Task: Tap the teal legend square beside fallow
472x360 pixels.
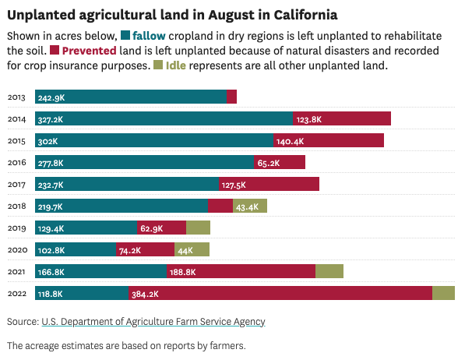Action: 125,36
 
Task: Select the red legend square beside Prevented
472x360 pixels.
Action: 55,51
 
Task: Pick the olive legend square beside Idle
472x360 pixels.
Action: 159,65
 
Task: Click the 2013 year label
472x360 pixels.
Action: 17,97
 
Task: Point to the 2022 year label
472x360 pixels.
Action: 17,294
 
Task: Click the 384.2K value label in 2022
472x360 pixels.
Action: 145,294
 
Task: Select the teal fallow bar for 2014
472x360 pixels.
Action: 164,119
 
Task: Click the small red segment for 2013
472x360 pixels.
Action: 231,97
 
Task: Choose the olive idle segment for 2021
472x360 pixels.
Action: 329,271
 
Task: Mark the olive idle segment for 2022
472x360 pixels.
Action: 443,293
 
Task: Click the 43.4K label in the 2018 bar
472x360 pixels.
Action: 247,206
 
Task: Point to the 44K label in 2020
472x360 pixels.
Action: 185,250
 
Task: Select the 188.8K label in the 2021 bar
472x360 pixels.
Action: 183,272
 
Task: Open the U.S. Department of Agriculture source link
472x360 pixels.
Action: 153,321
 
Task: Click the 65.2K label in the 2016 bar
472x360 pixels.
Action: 269,163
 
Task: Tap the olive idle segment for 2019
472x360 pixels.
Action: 198,228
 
